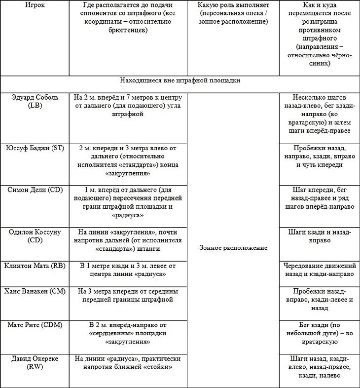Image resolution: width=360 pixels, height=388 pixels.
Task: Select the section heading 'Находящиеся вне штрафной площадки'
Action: point(180,80)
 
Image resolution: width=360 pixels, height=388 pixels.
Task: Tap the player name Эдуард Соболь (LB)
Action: point(35,102)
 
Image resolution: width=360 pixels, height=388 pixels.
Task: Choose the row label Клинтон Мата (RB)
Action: point(35,266)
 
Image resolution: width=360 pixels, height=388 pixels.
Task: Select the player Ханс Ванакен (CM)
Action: point(35,292)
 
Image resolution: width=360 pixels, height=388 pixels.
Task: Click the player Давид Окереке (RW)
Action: point(35,363)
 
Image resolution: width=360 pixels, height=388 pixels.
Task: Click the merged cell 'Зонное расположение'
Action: point(233,248)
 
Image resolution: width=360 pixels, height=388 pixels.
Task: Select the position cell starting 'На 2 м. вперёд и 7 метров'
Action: point(128,106)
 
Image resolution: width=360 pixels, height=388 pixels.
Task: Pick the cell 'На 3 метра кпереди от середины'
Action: point(128,295)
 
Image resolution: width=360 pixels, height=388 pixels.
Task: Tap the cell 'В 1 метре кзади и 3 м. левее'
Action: point(128,270)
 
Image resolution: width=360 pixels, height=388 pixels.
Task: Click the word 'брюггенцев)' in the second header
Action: point(128,31)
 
